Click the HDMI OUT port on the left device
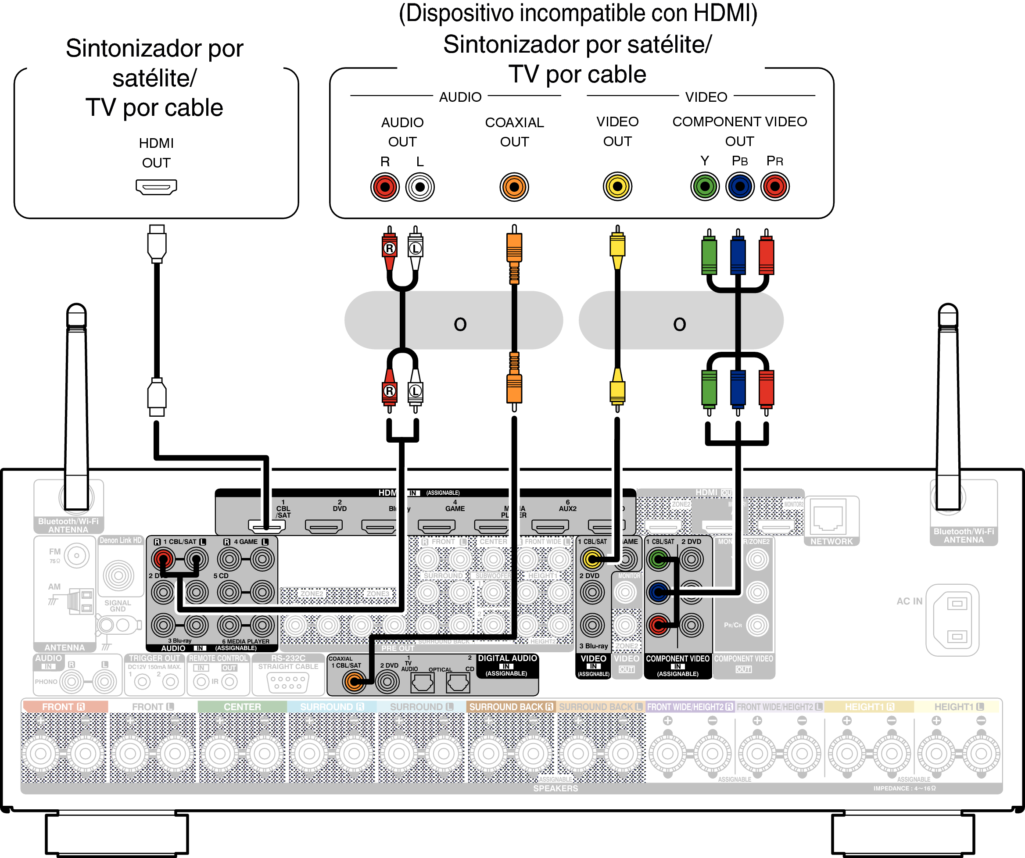[156, 186]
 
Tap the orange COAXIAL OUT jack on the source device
[514, 186]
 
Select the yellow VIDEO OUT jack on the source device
[617, 186]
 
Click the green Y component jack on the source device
[705, 186]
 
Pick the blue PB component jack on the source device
[740, 186]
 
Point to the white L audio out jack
[420, 187]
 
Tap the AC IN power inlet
[952, 620]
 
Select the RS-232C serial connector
[288, 682]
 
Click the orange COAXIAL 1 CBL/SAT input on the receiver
[354, 681]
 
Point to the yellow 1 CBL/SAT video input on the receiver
[592, 559]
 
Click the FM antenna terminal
[77, 555]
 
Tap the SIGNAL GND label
[118, 606]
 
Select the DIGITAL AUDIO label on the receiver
[507, 658]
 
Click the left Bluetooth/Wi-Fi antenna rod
[77, 390]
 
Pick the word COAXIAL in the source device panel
[514, 122]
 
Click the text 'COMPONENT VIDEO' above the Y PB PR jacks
[739, 122]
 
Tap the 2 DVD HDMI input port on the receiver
[324, 526]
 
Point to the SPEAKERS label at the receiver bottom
[556, 788]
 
